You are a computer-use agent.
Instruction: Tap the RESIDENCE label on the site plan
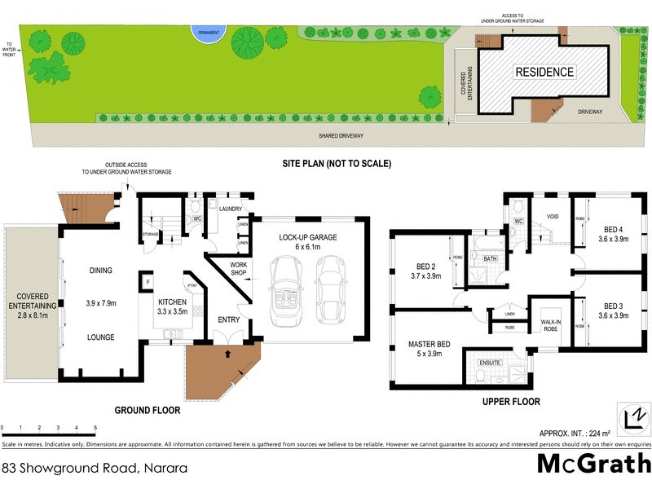tap(544, 72)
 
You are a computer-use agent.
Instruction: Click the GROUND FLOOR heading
tap(148, 410)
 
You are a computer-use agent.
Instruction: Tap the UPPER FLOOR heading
tap(511, 402)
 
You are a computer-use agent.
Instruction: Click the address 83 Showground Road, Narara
tap(95, 468)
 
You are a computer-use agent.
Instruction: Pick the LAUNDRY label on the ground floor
tap(231, 209)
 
